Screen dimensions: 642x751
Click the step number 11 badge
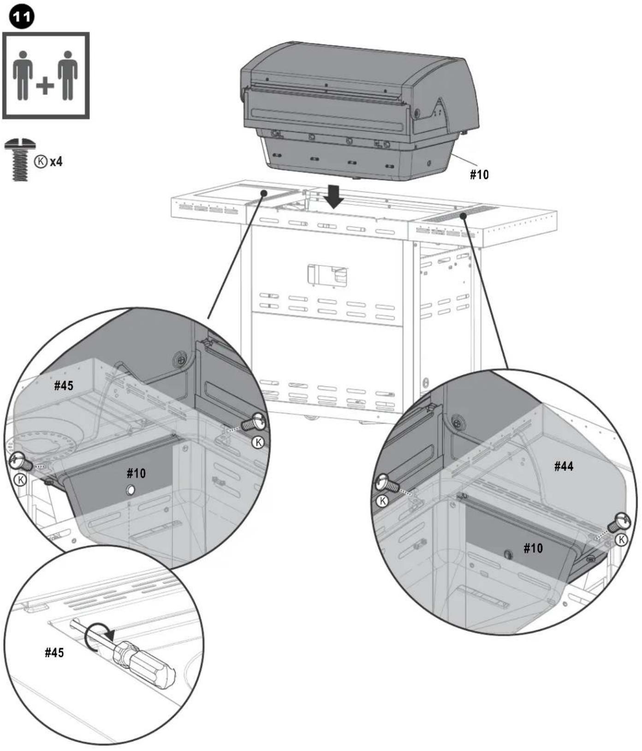click(x=21, y=18)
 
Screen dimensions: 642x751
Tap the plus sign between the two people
click(x=45, y=86)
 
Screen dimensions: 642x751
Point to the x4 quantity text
click(x=56, y=161)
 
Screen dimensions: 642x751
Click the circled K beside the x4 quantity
click(x=42, y=161)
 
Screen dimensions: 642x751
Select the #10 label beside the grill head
click(x=479, y=174)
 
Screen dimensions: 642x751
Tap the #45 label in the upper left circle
click(x=64, y=385)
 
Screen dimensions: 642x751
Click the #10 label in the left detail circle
click(x=136, y=473)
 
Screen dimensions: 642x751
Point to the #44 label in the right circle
click(x=564, y=466)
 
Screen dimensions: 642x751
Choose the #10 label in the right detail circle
click(x=533, y=548)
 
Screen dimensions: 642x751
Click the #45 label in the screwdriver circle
click(x=54, y=652)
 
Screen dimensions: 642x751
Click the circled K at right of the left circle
click(x=258, y=443)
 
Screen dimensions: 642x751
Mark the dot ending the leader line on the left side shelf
click(x=264, y=193)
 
